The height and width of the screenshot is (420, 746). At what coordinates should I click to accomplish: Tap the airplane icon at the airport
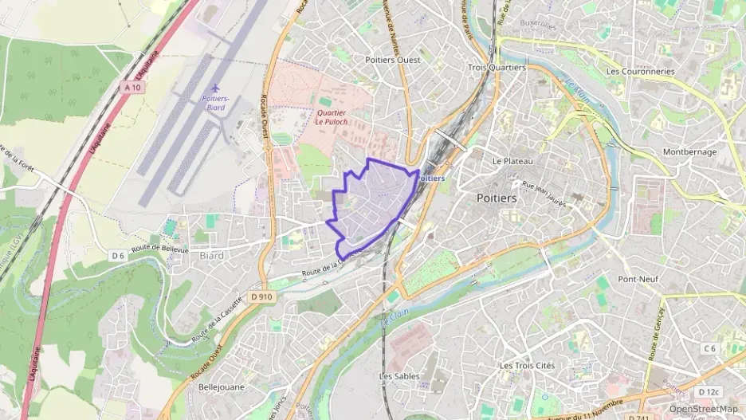coord(213,88)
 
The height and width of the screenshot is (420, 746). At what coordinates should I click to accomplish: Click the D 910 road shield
coord(261,296)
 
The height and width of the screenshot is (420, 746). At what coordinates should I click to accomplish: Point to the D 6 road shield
coord(118,255)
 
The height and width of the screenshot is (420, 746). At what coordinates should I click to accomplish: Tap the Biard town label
coord(212,256)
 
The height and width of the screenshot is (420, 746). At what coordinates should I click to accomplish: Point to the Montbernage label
coord(690,151)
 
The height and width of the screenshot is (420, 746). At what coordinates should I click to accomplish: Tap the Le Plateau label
coord(512,160)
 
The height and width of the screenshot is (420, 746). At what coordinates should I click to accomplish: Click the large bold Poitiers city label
coord(497,197)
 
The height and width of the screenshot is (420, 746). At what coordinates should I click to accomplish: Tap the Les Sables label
coord(399,375)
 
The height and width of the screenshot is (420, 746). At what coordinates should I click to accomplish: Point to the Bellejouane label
coord(222,387)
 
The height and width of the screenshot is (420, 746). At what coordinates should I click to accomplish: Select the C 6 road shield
coord(710,348)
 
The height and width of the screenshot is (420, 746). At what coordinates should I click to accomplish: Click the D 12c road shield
coord(708,392)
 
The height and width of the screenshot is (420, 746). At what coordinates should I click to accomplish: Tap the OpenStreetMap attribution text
coord(704,409)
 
